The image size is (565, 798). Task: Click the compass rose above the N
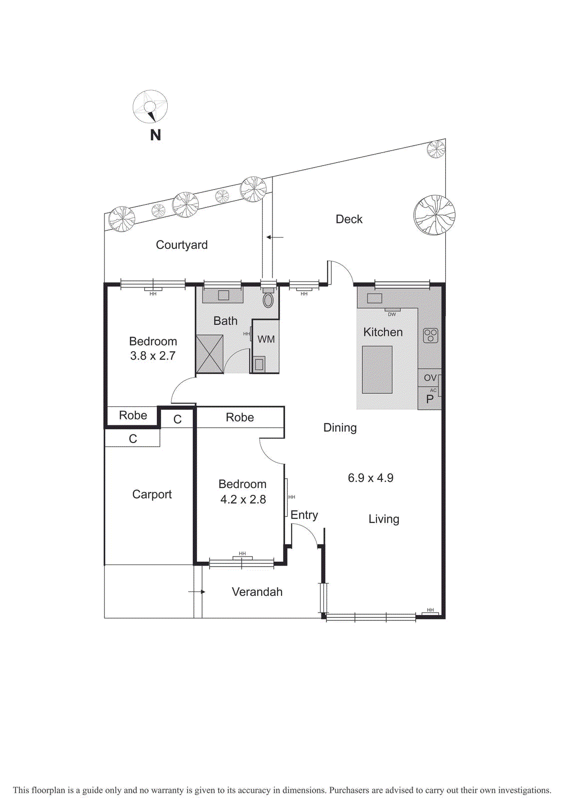150,106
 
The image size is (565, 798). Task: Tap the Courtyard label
182,245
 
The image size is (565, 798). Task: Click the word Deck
349,219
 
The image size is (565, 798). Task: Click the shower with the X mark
210,354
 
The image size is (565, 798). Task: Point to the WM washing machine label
266,339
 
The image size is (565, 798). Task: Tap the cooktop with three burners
430,335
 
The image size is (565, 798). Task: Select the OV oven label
430,378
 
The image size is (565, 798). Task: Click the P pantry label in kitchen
429,399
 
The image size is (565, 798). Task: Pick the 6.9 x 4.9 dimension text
370,478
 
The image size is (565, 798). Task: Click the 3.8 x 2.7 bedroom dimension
153,356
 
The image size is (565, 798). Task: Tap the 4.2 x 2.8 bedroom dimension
243,499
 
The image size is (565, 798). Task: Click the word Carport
152,494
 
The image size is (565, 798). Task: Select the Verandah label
257,592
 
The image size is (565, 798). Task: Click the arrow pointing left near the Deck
275,237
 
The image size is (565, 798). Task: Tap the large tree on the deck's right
434,215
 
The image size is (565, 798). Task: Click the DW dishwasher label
392,314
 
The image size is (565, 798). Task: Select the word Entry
304,515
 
